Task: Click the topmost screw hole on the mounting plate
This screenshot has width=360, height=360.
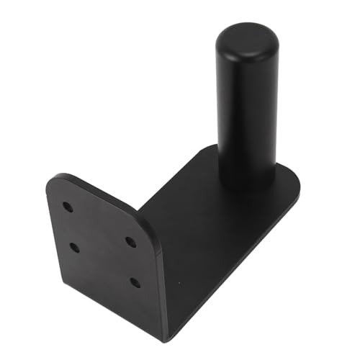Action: tap(68, 207)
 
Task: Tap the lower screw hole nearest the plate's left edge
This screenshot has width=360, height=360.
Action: tap(74, 248)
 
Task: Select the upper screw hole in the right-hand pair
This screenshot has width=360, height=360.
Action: tap(131, 242)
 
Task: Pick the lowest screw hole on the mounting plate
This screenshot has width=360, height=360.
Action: tap(135, 282)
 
